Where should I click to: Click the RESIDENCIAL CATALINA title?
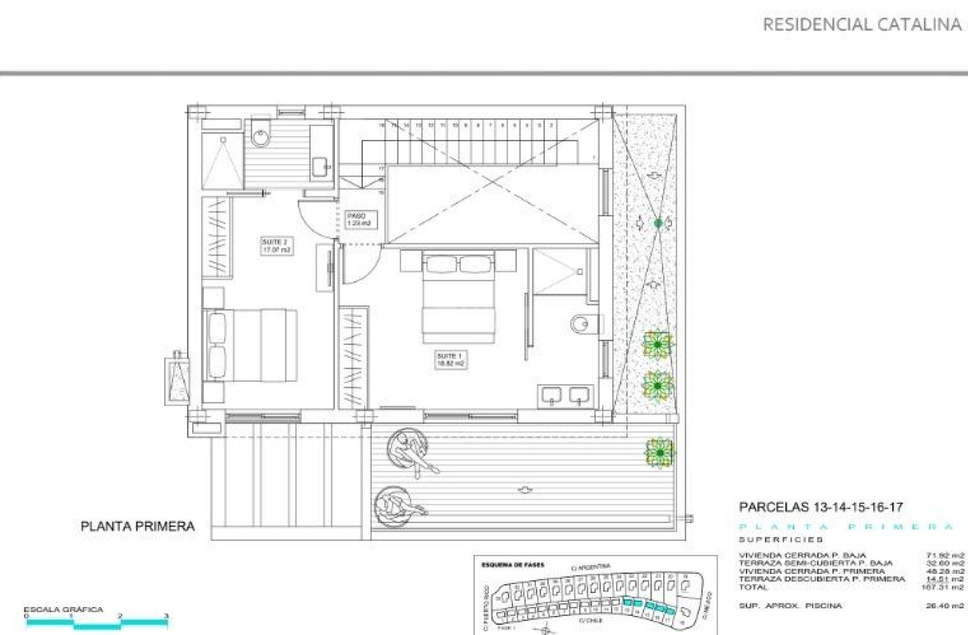pos(862,24)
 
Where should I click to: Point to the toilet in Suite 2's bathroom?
pos(261,134)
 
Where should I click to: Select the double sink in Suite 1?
pos(566,396)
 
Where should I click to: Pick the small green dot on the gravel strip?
pos(658,222)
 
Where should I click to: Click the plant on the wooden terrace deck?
pos(659,452)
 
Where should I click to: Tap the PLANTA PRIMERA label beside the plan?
pos(138,526)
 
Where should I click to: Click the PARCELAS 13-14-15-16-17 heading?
pos(821,507)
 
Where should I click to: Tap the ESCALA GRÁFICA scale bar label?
pos(63,609)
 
